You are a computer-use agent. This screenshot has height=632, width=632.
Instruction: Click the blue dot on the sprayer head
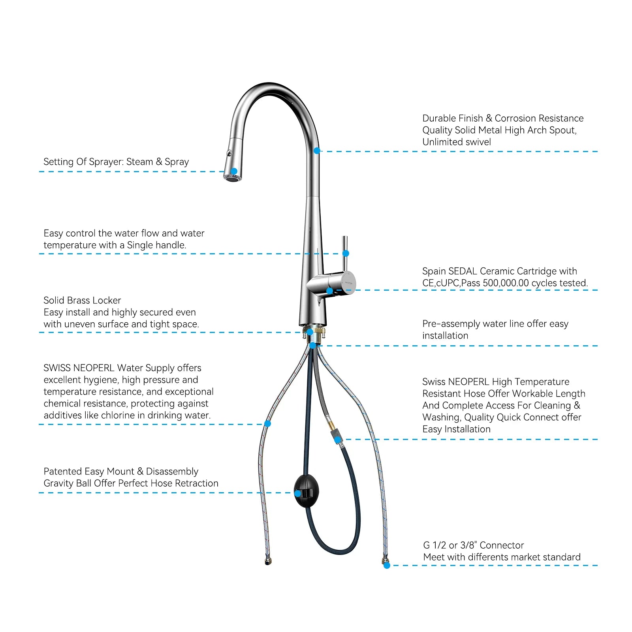tap(234, 171)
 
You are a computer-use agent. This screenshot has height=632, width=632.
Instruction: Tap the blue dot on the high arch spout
tap(317, 151)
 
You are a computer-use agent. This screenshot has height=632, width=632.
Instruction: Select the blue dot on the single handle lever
tap(346, 253)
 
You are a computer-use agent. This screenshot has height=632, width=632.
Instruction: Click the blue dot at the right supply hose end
tap(387, 566)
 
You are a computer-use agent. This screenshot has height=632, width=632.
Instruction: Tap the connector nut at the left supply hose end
tap(268, 561)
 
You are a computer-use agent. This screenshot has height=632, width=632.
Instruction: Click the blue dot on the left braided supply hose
tap(267, 424)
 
